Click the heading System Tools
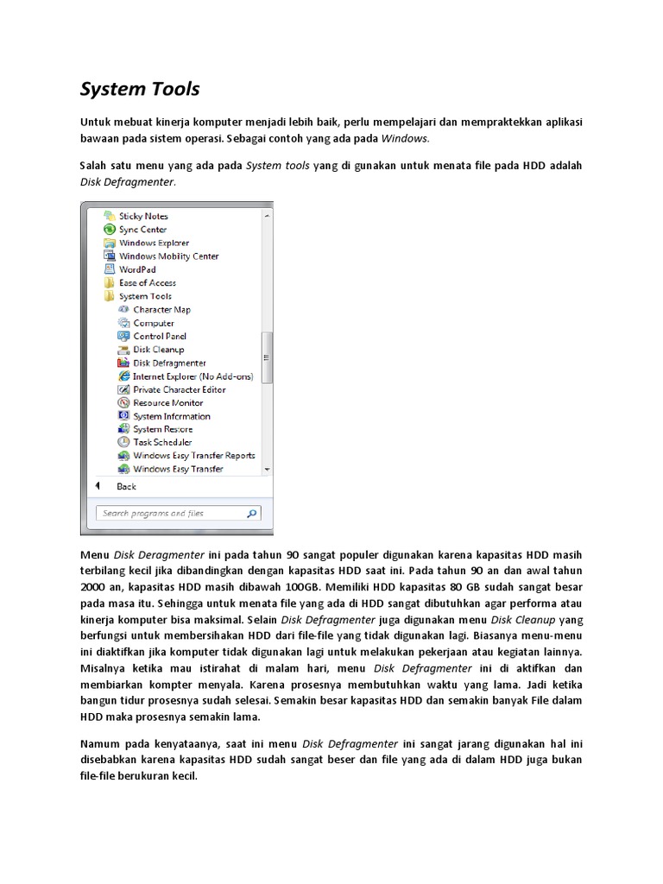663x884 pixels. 140,89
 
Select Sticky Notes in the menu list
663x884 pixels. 143,216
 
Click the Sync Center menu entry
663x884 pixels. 142,230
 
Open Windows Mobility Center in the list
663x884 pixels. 168,256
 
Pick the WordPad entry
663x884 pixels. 137,269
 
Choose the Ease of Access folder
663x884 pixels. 147,283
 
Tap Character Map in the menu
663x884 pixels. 161,310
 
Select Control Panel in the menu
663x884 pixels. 160,337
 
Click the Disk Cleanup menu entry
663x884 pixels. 158,350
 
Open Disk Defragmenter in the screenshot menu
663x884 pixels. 169,363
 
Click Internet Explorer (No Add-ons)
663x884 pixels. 193,376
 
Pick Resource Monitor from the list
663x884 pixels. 167,403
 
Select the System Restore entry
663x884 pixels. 162,429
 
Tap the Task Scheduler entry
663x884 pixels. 162,443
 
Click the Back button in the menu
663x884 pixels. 126,487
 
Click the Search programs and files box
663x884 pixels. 169,514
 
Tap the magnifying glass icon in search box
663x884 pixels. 251,514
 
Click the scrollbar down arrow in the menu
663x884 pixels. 268,469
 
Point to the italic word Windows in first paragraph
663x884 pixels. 405,138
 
